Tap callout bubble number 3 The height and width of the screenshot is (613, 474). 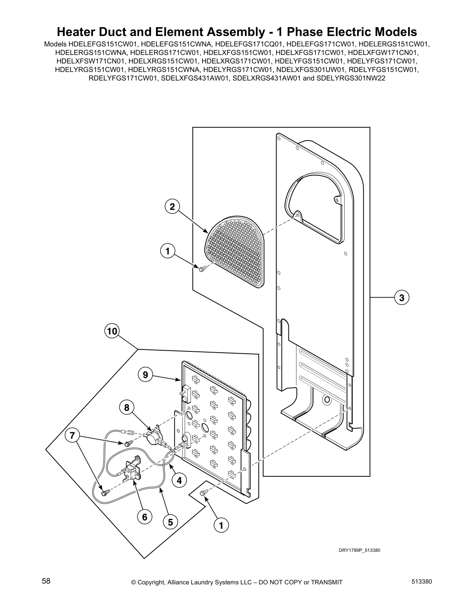(402, 298)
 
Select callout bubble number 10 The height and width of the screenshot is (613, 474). (112, 331)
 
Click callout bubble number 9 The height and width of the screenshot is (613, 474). (145, 375)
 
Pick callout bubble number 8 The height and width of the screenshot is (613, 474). (127, 408)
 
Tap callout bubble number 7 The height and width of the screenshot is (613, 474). (72, 435)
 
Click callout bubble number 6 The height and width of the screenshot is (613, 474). (145, 517)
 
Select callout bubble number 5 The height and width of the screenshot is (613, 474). (170, 522)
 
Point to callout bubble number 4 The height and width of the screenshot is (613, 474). (179, 481)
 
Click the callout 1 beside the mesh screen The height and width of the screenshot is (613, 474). (167, 252)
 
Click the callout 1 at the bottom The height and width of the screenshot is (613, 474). (221, 526)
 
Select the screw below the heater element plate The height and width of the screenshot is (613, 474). (203, 493)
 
